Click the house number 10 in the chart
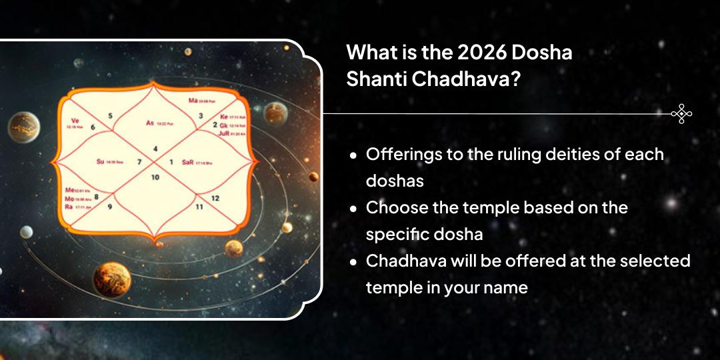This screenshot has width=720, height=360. click(x=155, y=177)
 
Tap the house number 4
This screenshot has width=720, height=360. click(x=155, y=148)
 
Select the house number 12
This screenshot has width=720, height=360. click(x=215, y=198)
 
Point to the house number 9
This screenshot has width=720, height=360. click(x=110, y=207)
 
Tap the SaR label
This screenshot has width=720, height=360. click(x=187, y=161)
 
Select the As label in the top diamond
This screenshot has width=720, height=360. click(x=150, y=123)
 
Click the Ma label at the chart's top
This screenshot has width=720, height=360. click(x=193, y=101)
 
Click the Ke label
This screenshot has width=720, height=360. click(x=223, y=116)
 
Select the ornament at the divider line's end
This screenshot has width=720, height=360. click(x=681, y=114)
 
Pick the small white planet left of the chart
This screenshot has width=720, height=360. click(x=26, y=232)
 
